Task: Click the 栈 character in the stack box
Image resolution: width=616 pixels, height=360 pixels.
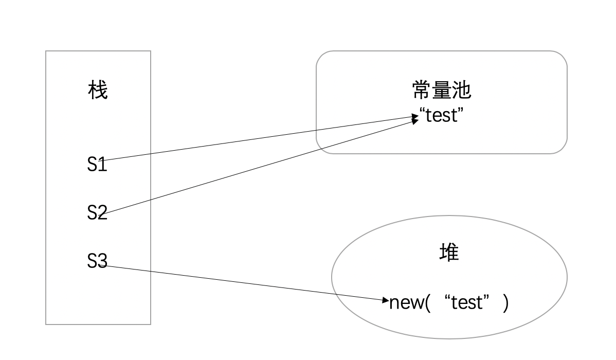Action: (x=98, y=91)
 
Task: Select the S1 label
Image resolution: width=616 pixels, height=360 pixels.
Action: (x=97, y=165)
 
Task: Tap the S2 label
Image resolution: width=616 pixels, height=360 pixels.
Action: (x=97, y=212)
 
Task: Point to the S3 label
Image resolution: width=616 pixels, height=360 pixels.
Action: (x=97, y=262)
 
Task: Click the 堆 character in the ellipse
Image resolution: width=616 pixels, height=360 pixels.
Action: (x=449, y=253)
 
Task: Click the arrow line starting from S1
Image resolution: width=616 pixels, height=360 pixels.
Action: (x=257, y=139)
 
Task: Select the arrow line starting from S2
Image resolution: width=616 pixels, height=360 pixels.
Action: (x=257, y=167)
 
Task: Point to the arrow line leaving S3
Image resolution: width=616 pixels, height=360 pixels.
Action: (x=247, y=283)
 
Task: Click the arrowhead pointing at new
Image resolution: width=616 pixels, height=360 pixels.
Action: (x=387, y=300)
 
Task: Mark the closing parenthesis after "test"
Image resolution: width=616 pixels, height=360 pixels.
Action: (x=506, y=302)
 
